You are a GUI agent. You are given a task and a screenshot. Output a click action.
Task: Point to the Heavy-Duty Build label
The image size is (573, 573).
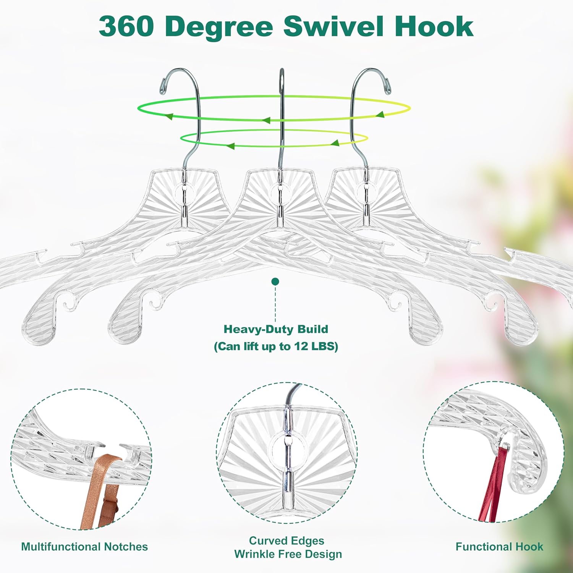(x=275, y=329)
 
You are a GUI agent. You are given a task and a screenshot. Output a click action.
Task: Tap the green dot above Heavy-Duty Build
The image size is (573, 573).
(x=275, y=282)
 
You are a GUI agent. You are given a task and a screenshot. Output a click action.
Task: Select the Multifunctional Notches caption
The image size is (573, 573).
(x=84, y=547)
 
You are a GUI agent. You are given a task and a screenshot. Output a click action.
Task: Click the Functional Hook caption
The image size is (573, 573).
(x=499, y=547)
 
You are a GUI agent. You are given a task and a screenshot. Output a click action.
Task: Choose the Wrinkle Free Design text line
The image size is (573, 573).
(x=288, y=554)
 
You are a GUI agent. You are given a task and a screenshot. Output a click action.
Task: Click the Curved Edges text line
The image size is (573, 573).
(x=286, y=541)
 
